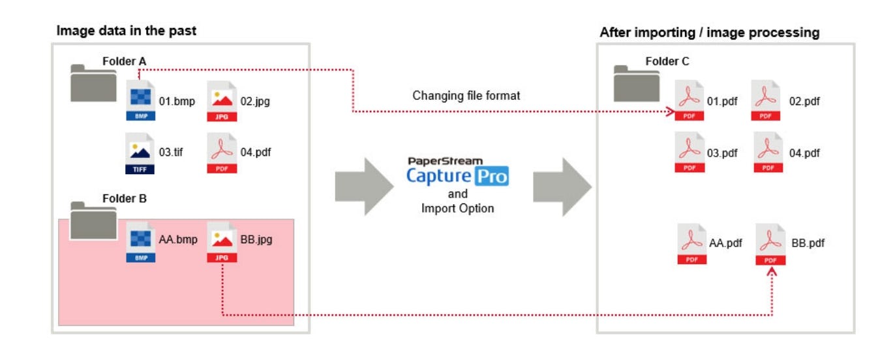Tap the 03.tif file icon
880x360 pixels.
[141, 153]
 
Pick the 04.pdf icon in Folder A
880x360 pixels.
[222, 153]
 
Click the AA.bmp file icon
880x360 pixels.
[141, 241]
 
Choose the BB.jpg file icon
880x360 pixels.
[222, 241]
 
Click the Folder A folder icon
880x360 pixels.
[93, 83]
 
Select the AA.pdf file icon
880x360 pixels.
[691, 243]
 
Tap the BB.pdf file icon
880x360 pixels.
[770, 243]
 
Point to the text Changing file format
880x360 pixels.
[466, 96]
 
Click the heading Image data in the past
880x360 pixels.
[127, 30]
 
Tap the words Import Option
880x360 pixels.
[457, 209]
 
